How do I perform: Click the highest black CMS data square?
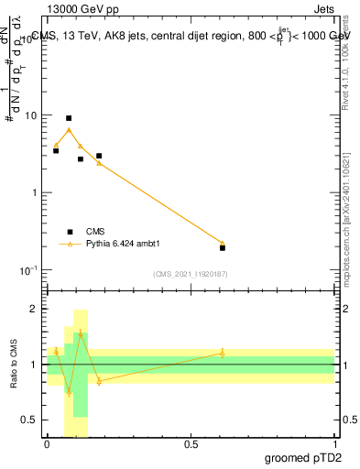point(69,118)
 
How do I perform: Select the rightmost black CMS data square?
point(223,247)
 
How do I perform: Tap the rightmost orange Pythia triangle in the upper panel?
point(223,243)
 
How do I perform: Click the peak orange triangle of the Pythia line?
point(69,130)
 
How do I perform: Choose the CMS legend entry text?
point(96,232)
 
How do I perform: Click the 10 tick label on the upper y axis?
point(31,116)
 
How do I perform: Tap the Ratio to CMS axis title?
point(14,364)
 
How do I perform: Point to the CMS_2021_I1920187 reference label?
point(191,273)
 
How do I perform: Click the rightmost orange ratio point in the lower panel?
point(223,353)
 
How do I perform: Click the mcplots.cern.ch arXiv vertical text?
point(349,220)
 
